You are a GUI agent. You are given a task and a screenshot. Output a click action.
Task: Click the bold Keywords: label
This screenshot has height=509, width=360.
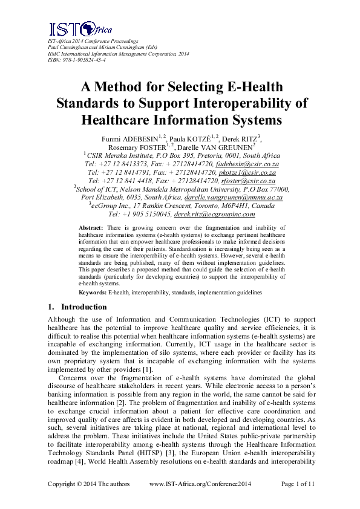tap(93, 292)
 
